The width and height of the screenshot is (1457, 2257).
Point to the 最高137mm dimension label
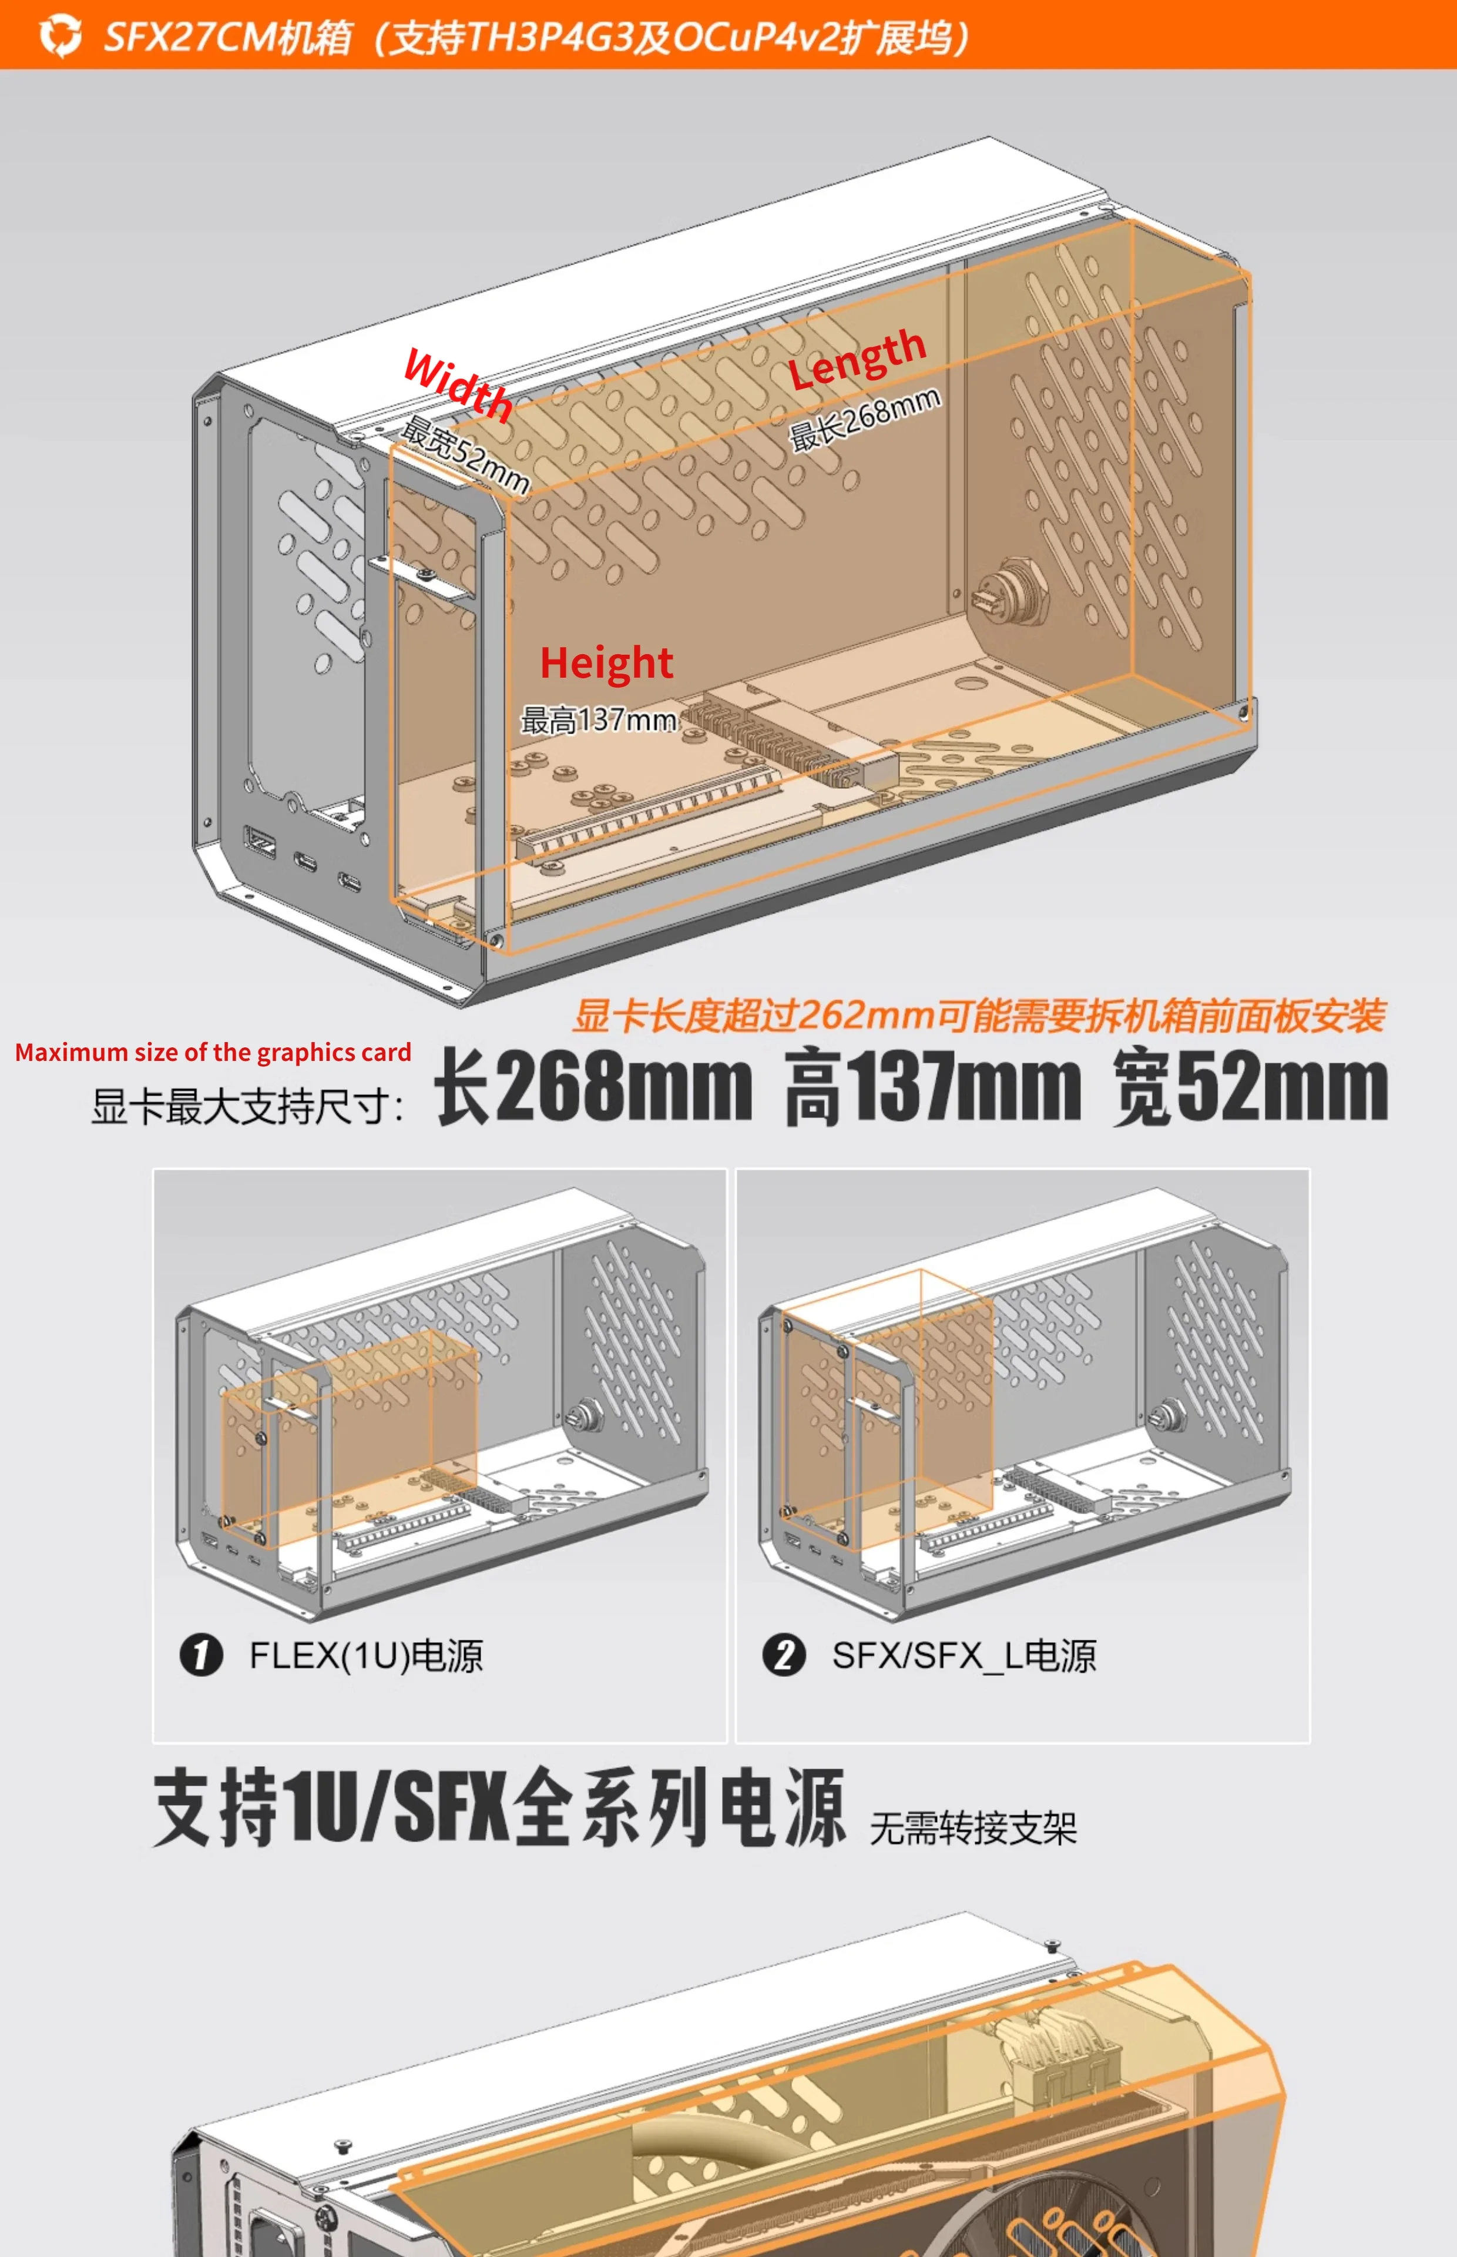599,720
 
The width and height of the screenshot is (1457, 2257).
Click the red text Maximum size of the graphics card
213,1052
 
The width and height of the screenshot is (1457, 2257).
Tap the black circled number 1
200,1655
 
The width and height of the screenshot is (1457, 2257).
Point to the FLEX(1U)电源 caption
366,1655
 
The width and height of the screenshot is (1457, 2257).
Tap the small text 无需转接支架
972,1827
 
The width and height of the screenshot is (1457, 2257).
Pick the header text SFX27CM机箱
227,36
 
